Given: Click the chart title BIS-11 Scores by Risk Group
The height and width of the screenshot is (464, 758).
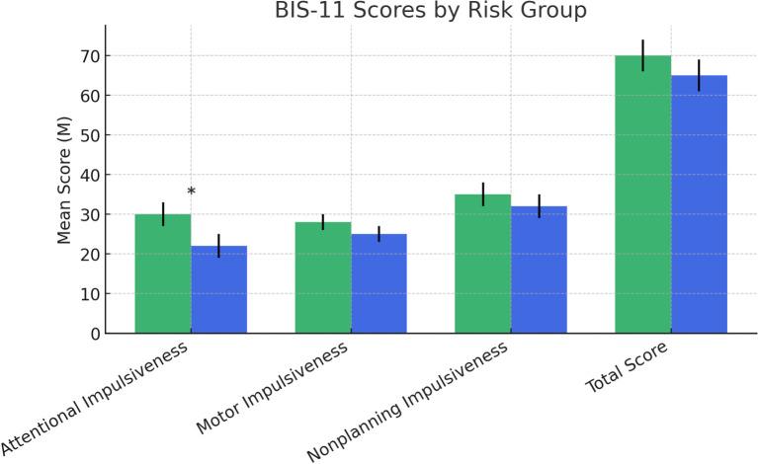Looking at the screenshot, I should [430, 12].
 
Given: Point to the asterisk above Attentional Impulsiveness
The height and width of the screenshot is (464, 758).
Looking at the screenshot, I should [191, 193].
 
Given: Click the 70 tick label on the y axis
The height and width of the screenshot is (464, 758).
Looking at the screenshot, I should [90, 56].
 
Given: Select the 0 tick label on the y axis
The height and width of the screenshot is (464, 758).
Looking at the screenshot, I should [95, 334].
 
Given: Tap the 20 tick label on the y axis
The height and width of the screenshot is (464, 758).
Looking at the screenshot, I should [90, 255].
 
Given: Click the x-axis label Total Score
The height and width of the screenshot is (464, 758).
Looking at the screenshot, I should [628, 367].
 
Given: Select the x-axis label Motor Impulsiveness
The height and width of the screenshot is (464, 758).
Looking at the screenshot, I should [273, 389].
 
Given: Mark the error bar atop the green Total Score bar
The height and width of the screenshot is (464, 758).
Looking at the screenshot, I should [642, 55].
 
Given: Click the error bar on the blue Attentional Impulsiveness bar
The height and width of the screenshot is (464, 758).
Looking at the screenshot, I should [218, 246].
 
